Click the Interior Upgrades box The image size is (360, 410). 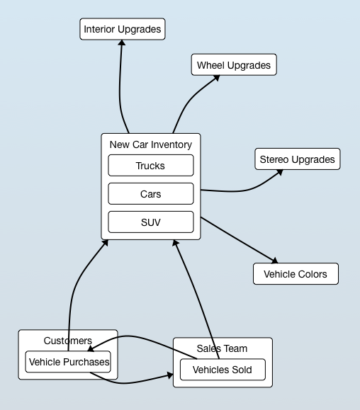[123, 29]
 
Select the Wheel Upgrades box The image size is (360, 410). [234, 65]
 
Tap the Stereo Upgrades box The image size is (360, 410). [298, 159]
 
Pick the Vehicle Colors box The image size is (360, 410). [296, 274]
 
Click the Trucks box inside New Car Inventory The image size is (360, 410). [151, 166]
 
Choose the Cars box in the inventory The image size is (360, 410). [151, 194]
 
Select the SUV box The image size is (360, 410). [151, 222]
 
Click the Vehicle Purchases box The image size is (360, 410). [68, 362]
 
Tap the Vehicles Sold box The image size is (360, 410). [223, 370]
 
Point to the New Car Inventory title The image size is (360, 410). [151, 144]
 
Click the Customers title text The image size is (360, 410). [68, 341]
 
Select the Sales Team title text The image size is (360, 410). [222, 348]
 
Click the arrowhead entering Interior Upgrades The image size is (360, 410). [122, 42]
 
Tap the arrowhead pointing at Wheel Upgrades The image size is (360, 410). [217, 78]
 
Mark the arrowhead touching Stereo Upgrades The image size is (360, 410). [280, 173]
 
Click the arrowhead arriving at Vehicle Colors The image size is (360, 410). [275, 261]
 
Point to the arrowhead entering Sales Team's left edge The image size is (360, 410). [170, 375]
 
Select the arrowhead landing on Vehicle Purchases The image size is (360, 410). [91, 348]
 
